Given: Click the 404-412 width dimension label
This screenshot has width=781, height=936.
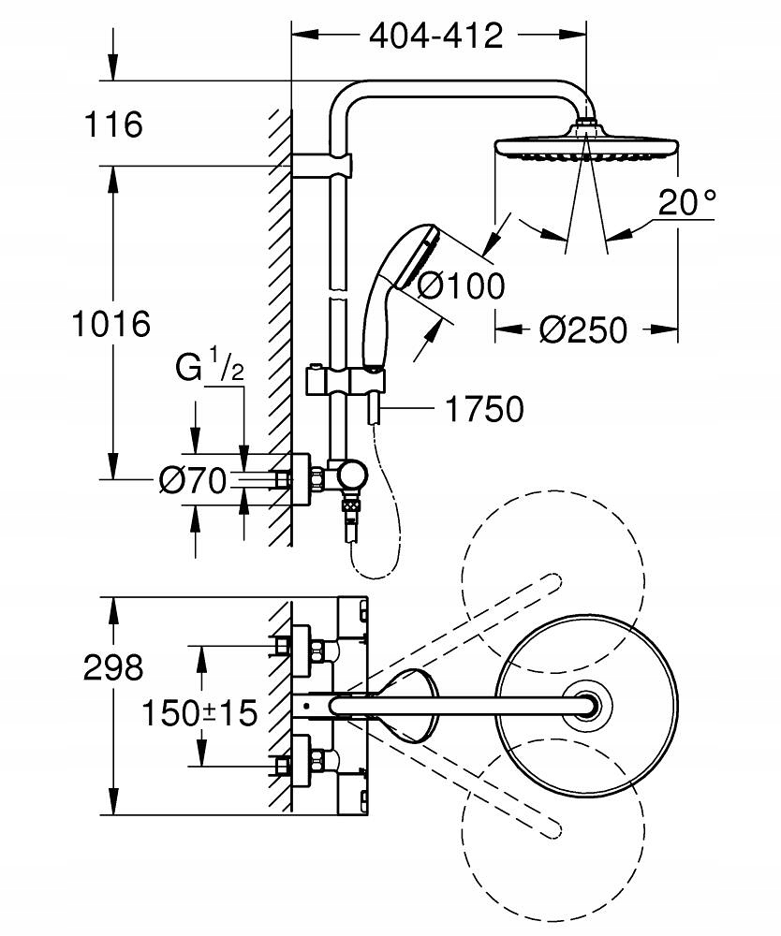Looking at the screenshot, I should pyautogui.click(x=435, y=36).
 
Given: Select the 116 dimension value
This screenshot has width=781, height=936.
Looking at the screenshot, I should pyautogui.click(x=112, y=124).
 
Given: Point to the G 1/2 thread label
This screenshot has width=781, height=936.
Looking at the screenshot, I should pyautogui.click(x=210, y=368).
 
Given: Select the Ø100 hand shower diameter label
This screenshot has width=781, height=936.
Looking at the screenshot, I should pyautogui.click(x=460, y=285).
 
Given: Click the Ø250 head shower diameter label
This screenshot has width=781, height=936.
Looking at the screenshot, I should pyautogui.click(x=583, y=329).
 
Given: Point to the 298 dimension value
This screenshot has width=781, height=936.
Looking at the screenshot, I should pyautogui.click(x=112, y=667).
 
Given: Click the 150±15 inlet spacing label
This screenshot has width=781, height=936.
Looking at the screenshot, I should pyautogui.click(x=199, y=713).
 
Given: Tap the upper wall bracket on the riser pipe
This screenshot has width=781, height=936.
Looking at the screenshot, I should pyautogui.click(x=323, y=166).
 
